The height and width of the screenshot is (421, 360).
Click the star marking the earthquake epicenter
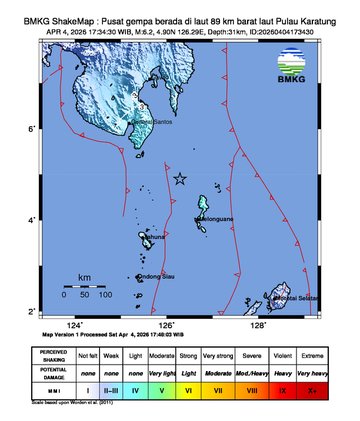[180, 179]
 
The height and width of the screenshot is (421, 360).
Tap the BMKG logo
[290, 67]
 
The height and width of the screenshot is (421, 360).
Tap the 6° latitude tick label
[59, 129]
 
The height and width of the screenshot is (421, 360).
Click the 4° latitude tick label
[59, 220]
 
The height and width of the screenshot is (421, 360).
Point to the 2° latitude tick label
[59, 311]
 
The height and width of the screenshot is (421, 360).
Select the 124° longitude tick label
[75, 325]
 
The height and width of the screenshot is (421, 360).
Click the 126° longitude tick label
[167, 325]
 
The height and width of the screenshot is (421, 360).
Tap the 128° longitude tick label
[258, 325]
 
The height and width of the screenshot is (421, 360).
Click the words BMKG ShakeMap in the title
[50, 12]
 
